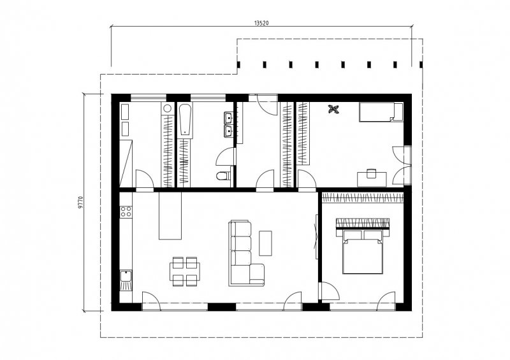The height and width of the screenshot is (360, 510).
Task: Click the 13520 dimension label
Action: (261, 23)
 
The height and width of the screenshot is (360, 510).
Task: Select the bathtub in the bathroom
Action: (186, 120)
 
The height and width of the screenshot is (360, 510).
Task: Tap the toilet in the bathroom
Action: (222, 176)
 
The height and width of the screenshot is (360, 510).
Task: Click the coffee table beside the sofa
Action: (265, 243)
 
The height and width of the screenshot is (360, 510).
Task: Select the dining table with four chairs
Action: (185, 271)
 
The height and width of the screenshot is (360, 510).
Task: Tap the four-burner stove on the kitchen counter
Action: (126, 212)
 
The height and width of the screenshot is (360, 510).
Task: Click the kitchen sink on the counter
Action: (126, 280)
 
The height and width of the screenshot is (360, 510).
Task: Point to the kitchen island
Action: (170, 215)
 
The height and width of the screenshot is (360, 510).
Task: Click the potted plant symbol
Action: (333, 109)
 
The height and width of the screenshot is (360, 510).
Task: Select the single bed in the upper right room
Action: (381, 112)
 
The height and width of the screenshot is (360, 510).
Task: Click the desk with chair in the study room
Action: (372, 178)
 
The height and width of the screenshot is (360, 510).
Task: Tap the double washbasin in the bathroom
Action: (228, 124)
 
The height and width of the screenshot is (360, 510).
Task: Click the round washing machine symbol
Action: (168, 108)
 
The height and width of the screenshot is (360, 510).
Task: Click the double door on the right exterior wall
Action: (402, 166)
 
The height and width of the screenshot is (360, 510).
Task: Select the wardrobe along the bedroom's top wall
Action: (363, 198)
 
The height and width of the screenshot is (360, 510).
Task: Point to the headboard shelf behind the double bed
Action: (363, 224)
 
